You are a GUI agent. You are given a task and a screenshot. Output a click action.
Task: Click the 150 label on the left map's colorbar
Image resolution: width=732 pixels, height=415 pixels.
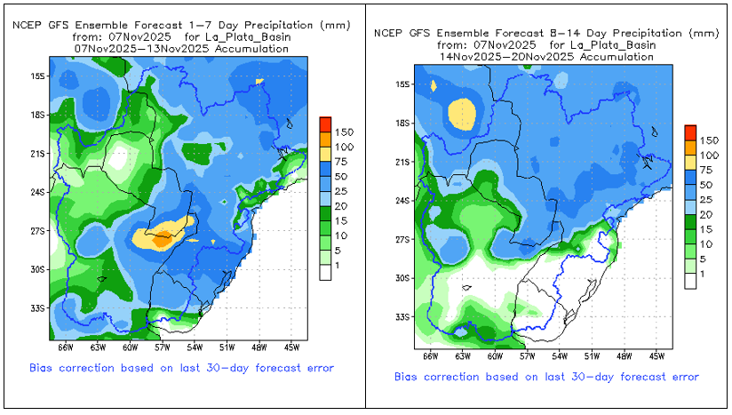(346, 132)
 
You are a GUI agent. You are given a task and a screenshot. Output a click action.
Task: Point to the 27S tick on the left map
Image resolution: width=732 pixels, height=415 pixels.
(37, 230)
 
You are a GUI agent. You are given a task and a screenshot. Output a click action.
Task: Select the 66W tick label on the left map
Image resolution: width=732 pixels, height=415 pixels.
(65, 347)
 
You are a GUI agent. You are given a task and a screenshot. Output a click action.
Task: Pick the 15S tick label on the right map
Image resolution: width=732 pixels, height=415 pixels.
(403, 84)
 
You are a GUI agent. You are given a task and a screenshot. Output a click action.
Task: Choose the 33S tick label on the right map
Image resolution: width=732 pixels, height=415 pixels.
(403, 317)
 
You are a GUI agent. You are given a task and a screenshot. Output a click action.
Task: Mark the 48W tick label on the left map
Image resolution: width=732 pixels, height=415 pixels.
(259, 347)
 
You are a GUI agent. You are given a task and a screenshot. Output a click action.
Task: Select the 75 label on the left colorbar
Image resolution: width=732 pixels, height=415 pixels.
(346, 161)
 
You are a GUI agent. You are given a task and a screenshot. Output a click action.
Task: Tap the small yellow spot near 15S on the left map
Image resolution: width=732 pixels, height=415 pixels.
(260, 82)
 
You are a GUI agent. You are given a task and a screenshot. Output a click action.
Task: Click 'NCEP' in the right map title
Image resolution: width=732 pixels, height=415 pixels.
(388, 34)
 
